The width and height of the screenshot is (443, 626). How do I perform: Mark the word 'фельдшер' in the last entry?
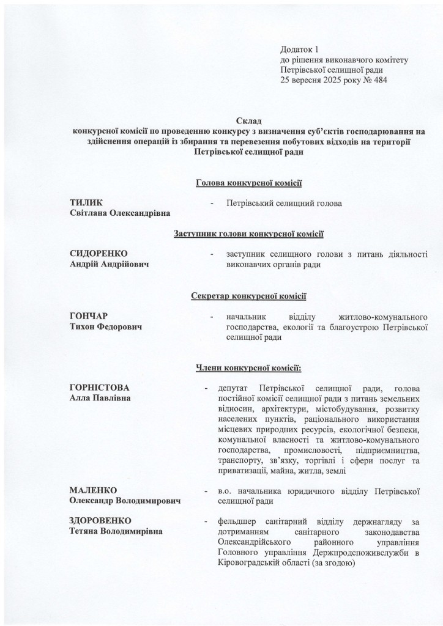236,521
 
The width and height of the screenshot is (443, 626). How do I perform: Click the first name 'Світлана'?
92,213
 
